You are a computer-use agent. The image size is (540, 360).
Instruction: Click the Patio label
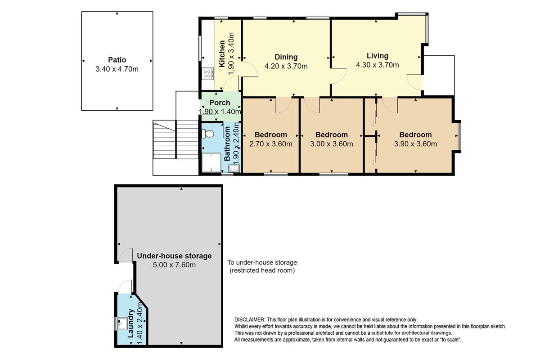(x=117, y=60)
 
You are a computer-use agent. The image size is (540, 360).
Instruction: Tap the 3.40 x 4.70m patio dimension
(x=117, y=69)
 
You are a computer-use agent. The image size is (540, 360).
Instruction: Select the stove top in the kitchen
(x=207, y=73)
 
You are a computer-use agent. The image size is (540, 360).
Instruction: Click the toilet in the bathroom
(x=208, y=134)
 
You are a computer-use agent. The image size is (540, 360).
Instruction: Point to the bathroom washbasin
(x=234, y=168)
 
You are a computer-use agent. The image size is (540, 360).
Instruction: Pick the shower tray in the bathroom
(x=211, y=162)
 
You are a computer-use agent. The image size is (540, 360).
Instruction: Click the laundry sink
(x=122, y=324)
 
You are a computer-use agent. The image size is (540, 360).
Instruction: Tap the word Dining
(x=286, y=57)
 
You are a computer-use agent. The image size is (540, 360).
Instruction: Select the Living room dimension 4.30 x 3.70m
(x=378, y=65)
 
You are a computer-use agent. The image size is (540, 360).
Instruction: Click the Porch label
(x=220, y=103)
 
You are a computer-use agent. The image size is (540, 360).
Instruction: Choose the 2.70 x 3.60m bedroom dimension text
(x=271, y=144)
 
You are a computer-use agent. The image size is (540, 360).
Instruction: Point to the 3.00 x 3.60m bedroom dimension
(x=332, y=144)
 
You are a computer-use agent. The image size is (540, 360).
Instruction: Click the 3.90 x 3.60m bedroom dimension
(x=415, y=144)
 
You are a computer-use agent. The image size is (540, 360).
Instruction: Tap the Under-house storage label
(x=174, y=256)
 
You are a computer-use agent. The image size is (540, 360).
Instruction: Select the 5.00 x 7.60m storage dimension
(x=174, y=265)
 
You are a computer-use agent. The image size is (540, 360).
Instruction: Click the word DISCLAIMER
(x=249, y=320)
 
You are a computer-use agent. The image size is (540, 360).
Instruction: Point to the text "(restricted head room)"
(x=262, y=270)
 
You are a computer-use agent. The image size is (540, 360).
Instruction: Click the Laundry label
(x=130, y=324)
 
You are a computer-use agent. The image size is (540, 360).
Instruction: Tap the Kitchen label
(x=222, y=54)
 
